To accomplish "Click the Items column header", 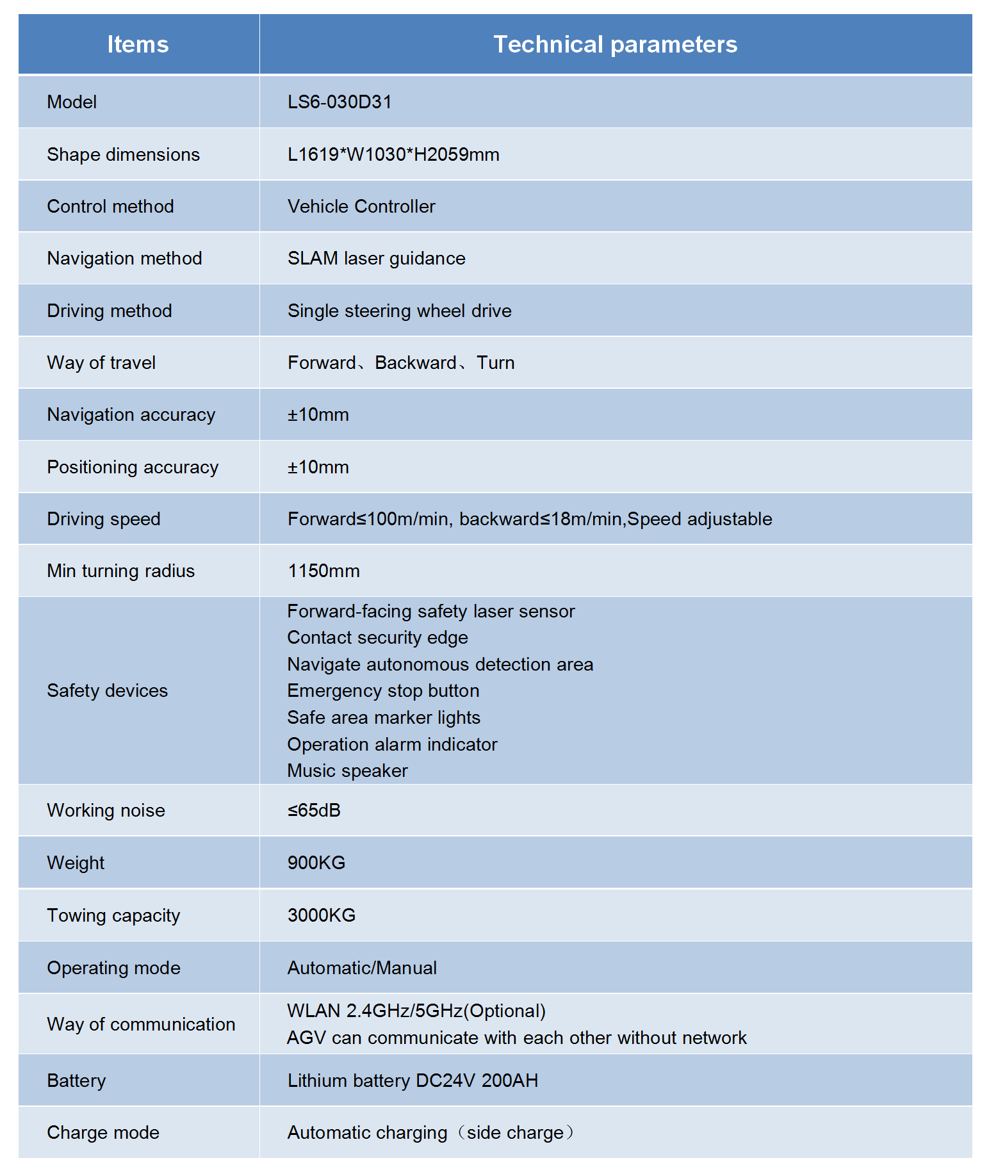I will click(138, 45).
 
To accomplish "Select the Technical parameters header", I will click(615, 45).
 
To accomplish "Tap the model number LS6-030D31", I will click(339, 102).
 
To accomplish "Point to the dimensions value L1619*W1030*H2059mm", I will click(393, 154).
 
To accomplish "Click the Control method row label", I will click(110, 206).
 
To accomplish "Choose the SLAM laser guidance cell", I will click(376, 258).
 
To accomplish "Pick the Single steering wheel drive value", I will click(399, 311).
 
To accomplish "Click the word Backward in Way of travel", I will click(415, 363).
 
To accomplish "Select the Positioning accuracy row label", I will click(133, 467).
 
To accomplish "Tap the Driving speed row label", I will click(104, 519).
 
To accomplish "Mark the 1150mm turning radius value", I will click(323, 571).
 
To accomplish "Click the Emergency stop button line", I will click(383, 690).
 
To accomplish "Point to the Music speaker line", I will click(347, 770).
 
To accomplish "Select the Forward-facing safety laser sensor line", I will click(430, 611).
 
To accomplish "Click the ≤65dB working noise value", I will click(314, 810).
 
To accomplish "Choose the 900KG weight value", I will click(316, 863).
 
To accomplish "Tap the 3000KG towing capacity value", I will click(322, 915).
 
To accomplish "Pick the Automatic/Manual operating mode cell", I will click(362, 968).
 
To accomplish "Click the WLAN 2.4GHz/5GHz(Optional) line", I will click(416, 1011).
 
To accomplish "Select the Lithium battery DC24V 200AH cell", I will click(413, 1080).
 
